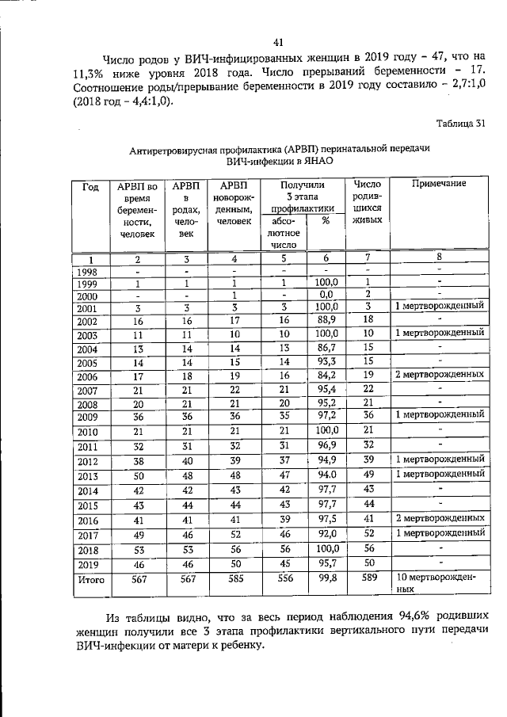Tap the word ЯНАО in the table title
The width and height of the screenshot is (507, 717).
(x=313, y=161)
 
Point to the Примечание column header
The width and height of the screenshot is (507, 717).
(x=438, y=184)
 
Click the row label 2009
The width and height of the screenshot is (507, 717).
(x=89, y=415)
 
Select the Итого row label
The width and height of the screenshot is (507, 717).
(x=90, y=580)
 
